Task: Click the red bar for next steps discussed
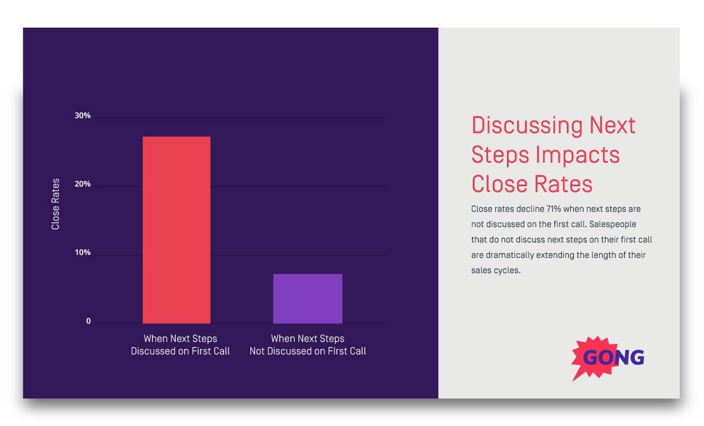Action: tap(177, 230)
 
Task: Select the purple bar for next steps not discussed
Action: tap(307, 298)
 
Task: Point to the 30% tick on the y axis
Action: tap(83, 116)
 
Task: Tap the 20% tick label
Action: tap(83, 185)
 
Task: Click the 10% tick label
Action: tap(83, 253)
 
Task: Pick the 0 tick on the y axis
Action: tap(89, 321)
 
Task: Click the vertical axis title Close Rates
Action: tap(56, 204)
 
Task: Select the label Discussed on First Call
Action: tap(180, 351)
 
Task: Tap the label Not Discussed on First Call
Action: tap(307, 351)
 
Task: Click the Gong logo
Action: tap(608, 357)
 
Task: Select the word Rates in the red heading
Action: tap(563, 184)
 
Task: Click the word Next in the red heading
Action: tap(612, 125)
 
